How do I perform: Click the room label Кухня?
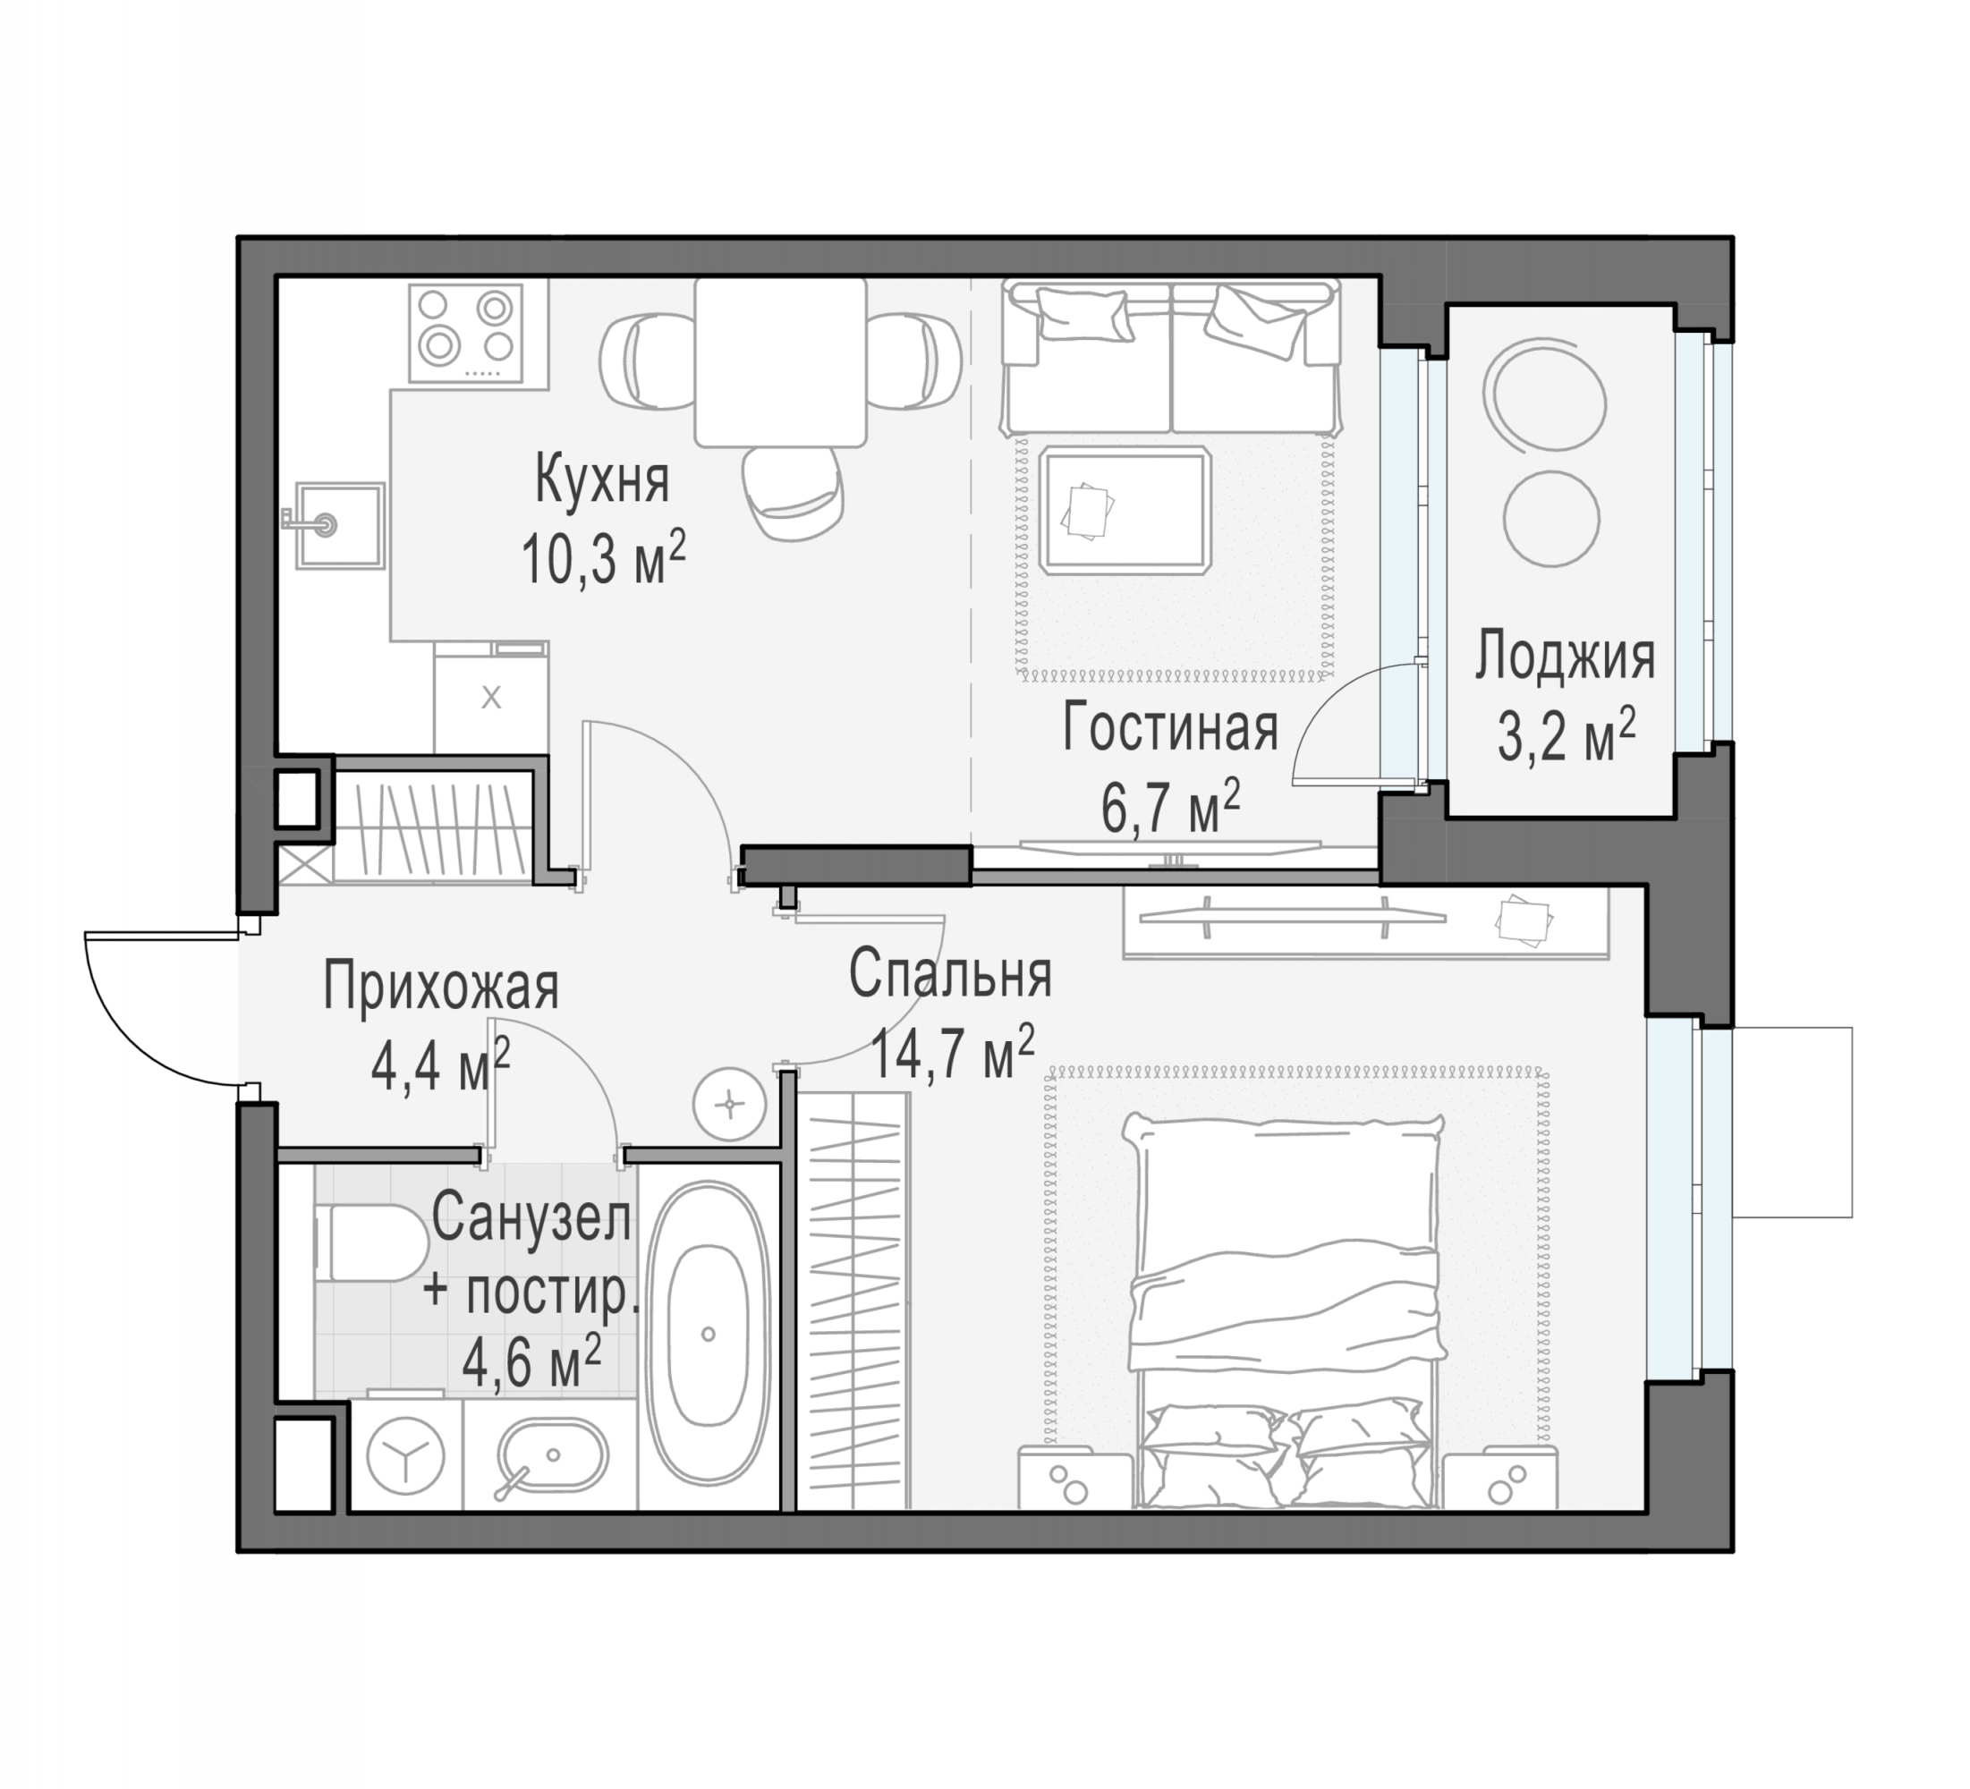[x=602, y=479]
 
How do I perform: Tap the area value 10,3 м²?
[x=603, y=558]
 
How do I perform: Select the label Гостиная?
[x=1169, y=728]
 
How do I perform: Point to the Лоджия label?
[x=1565, y=657]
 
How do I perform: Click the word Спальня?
[x=950, y=974]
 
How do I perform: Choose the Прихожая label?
[x=441, y=988]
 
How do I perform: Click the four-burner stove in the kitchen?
[x=466, y=333]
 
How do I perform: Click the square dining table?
[x=781, y=362]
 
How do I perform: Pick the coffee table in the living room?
[x=1125, y=510]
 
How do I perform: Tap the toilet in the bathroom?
[x=371, y=1242]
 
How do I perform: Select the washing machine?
[x=405, y=1454]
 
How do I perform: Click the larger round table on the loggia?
[x=1545, y=394]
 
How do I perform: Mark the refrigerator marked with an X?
[x=491, y=698]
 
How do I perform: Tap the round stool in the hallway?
[x=730, y=1104]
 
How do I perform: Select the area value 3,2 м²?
[x=1567, y=733]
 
